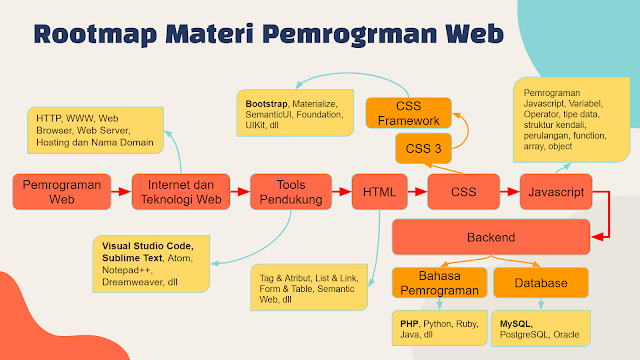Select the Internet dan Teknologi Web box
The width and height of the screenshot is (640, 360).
175,190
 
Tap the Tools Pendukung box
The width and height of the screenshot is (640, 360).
291,190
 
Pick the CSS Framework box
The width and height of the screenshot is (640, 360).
408,114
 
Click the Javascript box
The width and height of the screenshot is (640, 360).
558,190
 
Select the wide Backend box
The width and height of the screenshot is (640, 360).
490,238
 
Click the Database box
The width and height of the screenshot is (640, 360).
542,284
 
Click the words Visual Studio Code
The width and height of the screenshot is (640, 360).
148,245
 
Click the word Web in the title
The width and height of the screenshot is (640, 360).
470,33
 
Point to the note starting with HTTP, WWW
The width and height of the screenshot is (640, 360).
94,129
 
